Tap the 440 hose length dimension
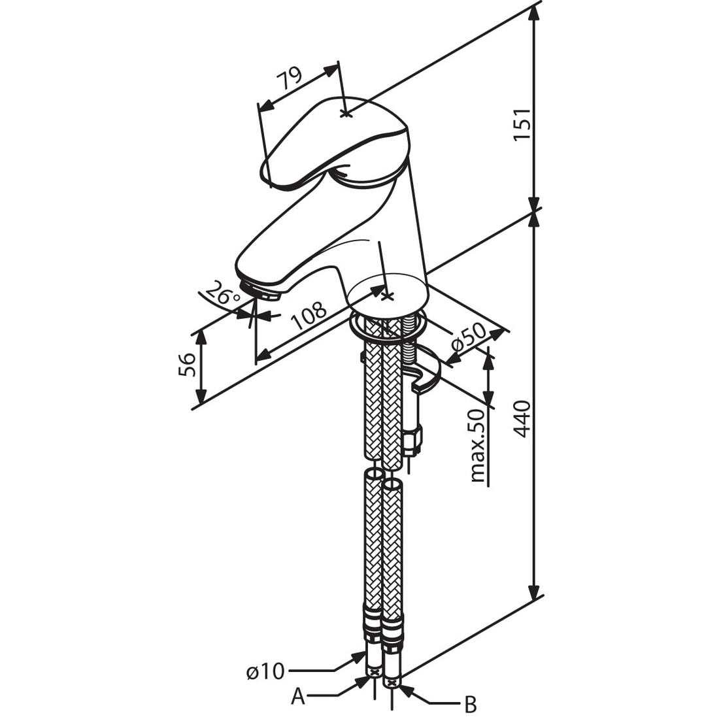click(521, 418)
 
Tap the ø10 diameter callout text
click(265, 671)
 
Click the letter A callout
click(298, 697)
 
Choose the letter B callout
click(469, 705)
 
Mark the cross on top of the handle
click(346, 113)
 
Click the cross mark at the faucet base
click(388, 296)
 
